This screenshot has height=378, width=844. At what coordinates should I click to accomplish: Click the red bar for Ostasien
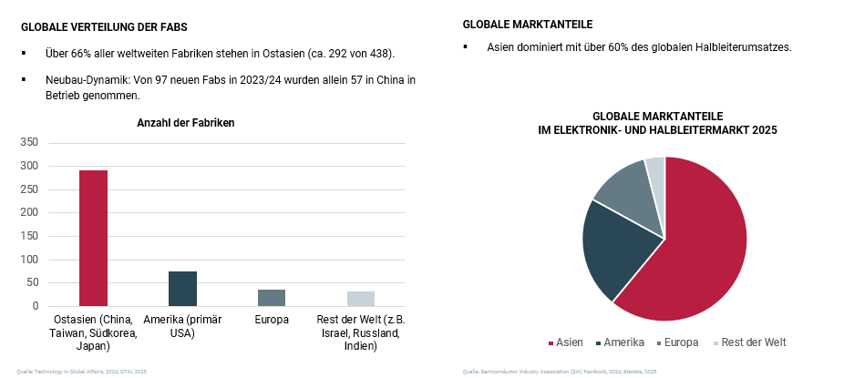tap(93, 238)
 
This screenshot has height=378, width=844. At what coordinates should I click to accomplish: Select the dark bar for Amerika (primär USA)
tap(182, 289)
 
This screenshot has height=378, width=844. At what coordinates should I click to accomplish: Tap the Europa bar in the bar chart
tap(272, 298)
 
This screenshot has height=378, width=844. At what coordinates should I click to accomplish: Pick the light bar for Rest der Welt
tap(361, 299)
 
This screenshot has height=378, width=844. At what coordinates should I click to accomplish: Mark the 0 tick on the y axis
tap(36, 306)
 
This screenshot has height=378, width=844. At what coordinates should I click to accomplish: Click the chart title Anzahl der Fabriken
tap(186, 123)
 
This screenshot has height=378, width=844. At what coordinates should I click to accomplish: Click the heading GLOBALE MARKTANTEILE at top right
tap(522, 24)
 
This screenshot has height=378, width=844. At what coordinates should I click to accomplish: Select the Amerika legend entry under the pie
tap(626, 342)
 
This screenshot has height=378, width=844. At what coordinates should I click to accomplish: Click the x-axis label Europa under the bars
tap(272, 320)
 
